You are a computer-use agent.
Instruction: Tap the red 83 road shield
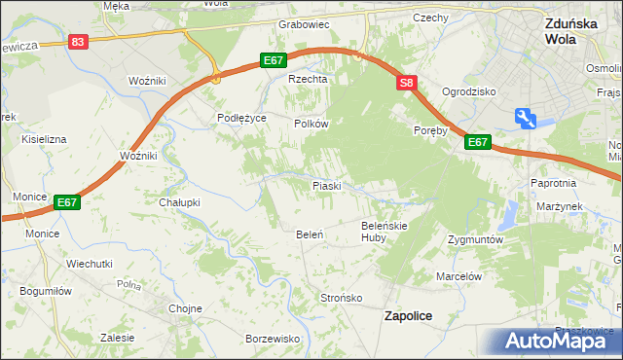(x=79, y=41)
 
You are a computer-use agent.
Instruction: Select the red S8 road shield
(x=407, y=85)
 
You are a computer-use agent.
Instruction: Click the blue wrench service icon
(x=527, y=119)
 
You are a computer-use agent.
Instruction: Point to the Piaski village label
(x=325, y=185)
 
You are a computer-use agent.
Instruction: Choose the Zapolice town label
(x=408, y=315)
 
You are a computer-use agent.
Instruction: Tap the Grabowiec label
(x=305, y=23)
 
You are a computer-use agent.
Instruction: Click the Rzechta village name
(x=305, y=80)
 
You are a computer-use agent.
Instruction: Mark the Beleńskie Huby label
(x=382, y=231)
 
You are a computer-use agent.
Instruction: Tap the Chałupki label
(x=178, y=202)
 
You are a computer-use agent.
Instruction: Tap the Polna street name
(x=129, y=285)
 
